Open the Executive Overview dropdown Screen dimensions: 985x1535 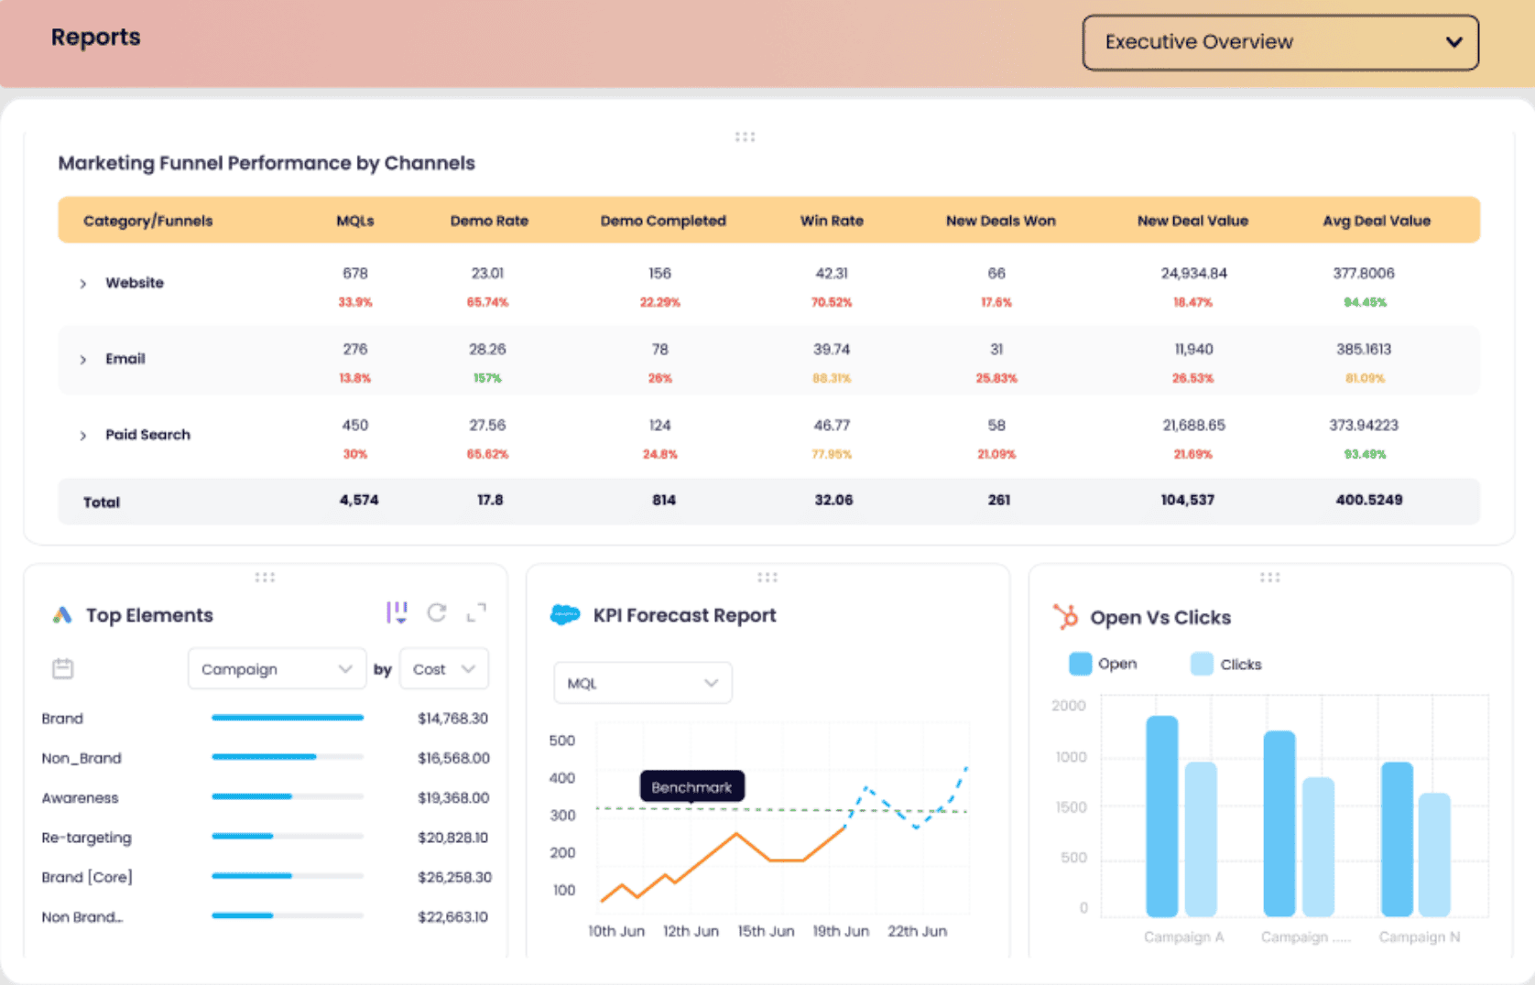1279,42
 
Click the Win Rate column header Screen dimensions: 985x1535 832,221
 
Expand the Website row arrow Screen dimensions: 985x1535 83,284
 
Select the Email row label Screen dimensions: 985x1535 125,359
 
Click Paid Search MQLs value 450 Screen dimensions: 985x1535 355,426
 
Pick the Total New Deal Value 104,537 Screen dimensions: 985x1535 1188,501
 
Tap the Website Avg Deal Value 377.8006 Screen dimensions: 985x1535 1364,274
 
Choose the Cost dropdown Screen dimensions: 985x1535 444,669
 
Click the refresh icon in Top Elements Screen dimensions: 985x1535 437,612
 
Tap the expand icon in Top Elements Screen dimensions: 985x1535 476,612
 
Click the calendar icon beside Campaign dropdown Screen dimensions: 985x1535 63,669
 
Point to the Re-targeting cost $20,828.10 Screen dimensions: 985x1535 453,838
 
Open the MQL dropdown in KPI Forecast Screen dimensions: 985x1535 642,683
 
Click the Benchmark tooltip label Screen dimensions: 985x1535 691,787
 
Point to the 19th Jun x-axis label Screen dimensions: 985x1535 841,931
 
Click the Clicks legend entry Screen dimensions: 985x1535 1226,665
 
